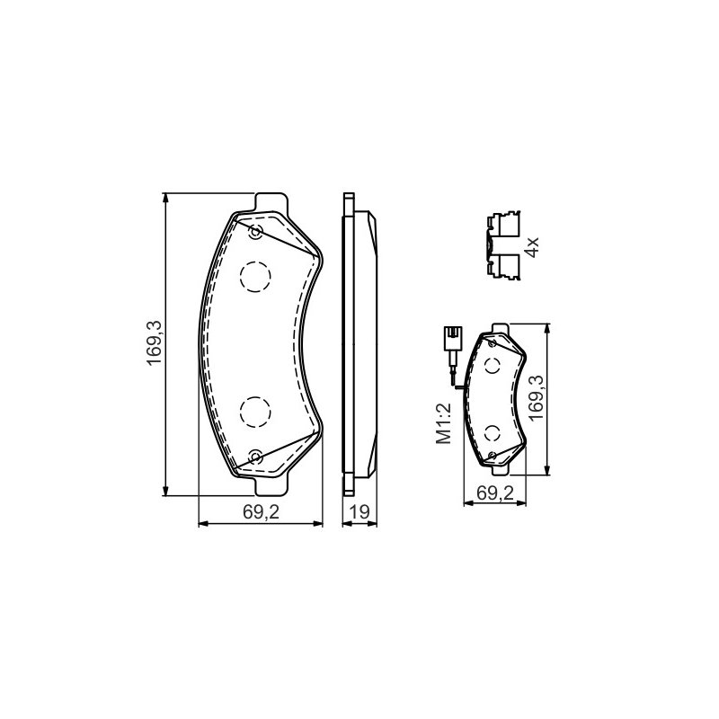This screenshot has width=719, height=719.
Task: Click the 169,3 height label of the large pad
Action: pos(154,343)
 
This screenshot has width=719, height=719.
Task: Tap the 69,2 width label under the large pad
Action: pos(261,511)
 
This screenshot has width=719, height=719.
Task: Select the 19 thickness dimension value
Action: pos(360,511)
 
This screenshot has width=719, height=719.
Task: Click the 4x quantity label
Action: pos(532,247)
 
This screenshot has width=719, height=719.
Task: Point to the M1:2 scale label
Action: pos(443,423)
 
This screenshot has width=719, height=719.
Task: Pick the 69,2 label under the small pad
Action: pos(495,493)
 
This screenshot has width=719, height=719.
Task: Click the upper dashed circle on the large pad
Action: pos(255,277)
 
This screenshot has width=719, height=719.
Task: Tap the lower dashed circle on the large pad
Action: pos(255,412)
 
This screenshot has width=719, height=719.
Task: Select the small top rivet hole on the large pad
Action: pos(255,232)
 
